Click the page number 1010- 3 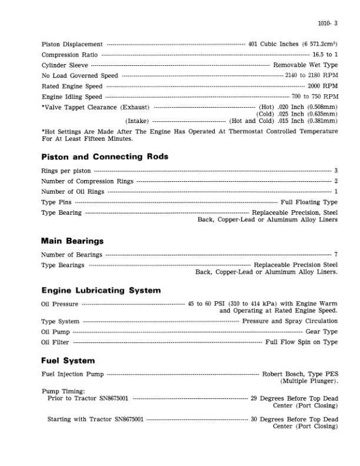[328, 24]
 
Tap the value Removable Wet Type [305, 65]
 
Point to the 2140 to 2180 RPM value [311, 76]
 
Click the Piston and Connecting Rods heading [105, 157]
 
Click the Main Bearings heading [72, 241]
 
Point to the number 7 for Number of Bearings [335, 255]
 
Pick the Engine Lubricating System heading [101, 291]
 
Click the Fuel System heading [68, 360]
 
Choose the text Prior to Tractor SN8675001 [89, 398]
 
